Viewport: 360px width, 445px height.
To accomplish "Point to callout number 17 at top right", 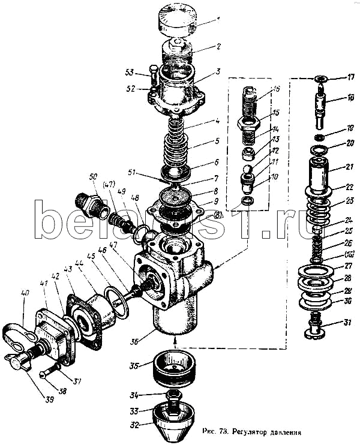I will pos(351,77).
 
